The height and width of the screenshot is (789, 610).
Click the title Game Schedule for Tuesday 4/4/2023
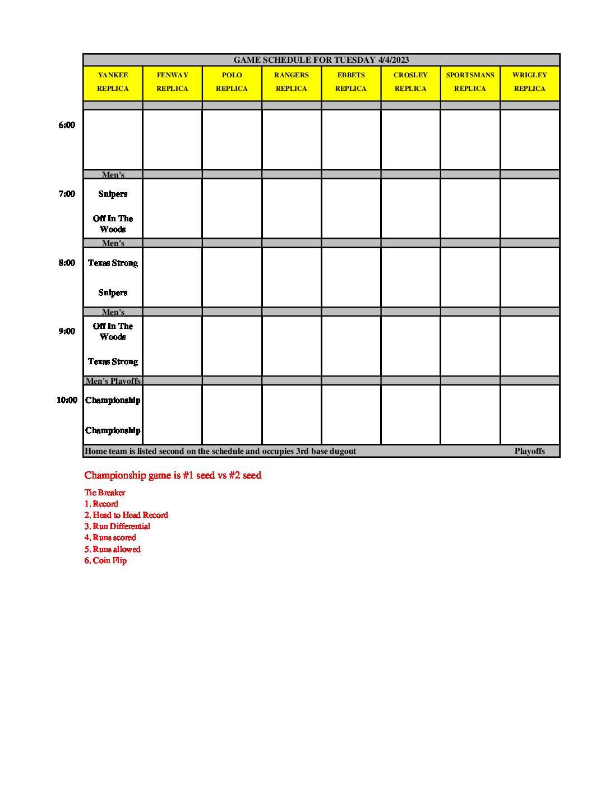(321, 60)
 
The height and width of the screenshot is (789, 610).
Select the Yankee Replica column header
(113, 82)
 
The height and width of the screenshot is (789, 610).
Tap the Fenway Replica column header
(172, 82)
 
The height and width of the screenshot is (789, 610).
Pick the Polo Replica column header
(232, 82)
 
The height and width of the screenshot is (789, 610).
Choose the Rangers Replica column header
(292, 82)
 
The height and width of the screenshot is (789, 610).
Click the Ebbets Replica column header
(351, 82)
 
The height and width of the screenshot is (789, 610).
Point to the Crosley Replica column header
(410, 82)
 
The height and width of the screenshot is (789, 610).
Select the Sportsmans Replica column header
(470, 82)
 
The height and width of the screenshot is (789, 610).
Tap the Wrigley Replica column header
(529, 82)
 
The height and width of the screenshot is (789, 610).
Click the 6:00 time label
(67, 125)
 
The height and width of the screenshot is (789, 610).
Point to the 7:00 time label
(67, 194)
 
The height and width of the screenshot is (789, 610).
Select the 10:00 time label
(67, 400)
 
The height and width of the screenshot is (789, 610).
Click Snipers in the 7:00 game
(113, 194)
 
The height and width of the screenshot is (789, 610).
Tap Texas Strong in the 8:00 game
(113, 263)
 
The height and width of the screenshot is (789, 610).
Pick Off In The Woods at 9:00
(113, 331)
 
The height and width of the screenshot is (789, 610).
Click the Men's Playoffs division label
(113, 381)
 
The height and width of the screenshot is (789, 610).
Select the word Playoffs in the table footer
(529, 451)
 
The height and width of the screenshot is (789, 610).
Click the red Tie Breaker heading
(105, 493)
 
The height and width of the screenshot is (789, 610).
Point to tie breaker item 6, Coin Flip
(105, 560)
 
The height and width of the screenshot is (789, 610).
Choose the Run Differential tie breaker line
(117, 526)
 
